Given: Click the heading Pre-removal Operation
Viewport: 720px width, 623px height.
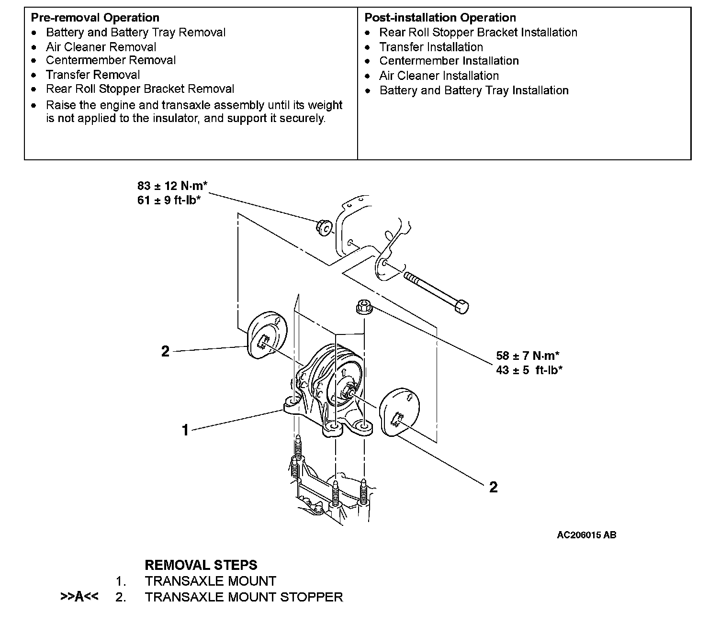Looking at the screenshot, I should pos(95,18).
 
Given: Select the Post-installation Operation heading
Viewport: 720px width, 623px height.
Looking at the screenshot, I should pos(440,18).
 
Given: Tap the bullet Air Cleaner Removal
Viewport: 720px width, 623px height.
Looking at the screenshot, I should pos(101,47).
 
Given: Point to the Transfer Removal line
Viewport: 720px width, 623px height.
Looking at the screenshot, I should pos(93,75).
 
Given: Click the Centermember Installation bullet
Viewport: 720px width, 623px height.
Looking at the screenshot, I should pos(449,61).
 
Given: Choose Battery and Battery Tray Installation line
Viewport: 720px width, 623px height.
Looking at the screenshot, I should pos(473,90).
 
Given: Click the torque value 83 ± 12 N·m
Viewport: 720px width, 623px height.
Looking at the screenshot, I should pos(172,186).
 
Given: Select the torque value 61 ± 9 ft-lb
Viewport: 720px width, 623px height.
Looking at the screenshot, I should pos(169,200).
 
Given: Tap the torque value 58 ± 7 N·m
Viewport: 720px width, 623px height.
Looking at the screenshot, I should pos(528,356).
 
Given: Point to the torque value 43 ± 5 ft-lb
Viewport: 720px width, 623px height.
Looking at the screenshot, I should pos(529,370).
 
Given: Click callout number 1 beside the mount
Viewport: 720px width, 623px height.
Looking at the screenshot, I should pos(185,430).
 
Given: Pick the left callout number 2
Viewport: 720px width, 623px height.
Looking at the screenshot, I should pos(165,352).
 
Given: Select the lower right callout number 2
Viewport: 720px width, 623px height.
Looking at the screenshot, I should pos(493,487).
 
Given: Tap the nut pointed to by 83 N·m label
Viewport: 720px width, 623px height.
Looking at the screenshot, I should pos(323,227).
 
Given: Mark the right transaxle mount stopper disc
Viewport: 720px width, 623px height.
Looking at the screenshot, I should pos(399,413).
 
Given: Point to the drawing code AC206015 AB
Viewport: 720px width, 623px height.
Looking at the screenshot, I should pos(586,535).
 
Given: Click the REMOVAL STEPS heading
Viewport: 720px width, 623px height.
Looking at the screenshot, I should pos(201,565).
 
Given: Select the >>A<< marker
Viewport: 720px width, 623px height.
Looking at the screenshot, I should pos(79,597).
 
